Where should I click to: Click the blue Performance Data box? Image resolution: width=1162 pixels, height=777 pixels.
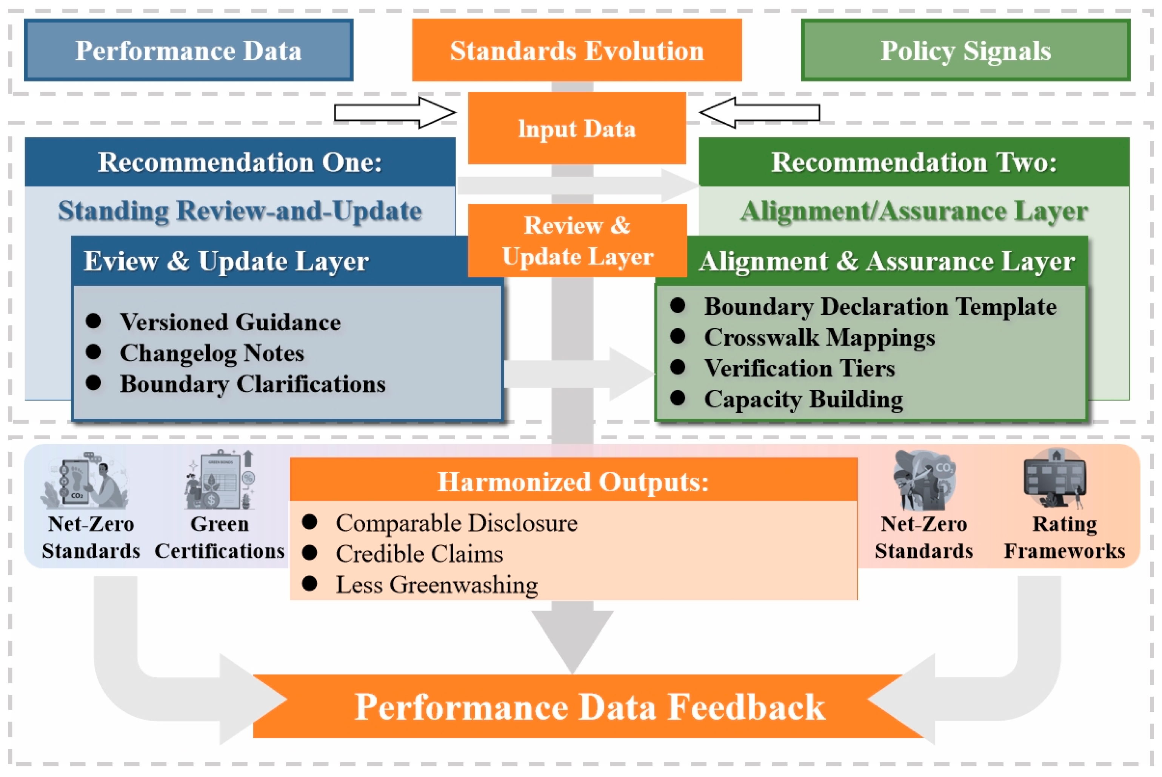click(188, 50)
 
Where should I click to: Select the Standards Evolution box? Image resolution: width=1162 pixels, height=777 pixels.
click(577, 50)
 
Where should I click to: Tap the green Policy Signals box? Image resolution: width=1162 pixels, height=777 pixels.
click(965, 50)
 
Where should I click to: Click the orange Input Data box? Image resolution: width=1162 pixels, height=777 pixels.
click(577, 128)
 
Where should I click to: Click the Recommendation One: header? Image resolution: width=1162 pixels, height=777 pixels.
click(240, 162)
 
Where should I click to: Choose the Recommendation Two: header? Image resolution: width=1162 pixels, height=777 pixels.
click(914, 162)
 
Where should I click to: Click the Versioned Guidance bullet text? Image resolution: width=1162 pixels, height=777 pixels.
click(231, 322)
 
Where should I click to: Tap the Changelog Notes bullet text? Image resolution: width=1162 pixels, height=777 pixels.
click(212, 353)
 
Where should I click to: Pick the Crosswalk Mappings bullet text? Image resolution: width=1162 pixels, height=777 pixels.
click(820, 337)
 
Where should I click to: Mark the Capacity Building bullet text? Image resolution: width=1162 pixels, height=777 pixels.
click(803, 399)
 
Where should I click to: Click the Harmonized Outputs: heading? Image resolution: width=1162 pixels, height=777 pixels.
click(573, 481)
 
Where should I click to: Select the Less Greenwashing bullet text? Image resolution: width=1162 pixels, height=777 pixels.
click(437, 585)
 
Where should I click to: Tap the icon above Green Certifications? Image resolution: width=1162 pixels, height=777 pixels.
click(220, 480)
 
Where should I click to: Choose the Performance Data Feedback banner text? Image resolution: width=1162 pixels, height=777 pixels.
click(589, 707)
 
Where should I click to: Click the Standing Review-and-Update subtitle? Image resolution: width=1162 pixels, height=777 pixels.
click(240, 211)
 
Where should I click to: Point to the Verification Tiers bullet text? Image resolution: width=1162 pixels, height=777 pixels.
click(799, 368)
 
